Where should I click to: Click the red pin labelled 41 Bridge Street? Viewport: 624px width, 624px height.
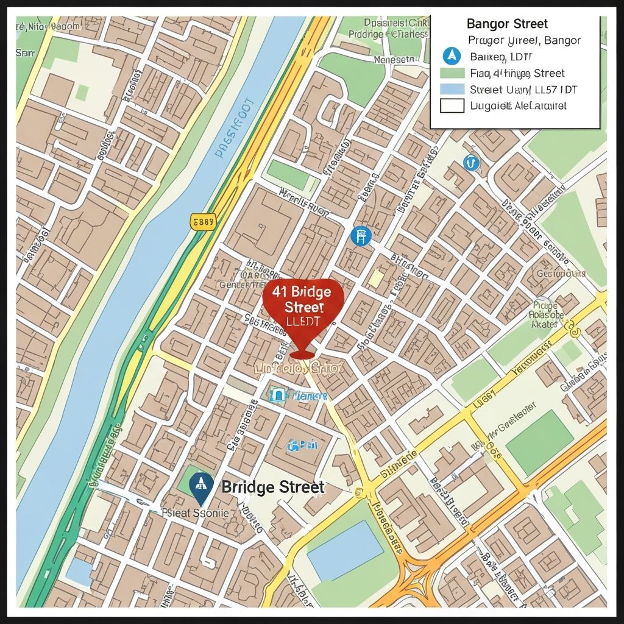click(303, 305)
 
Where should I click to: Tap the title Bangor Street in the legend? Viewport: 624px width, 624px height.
click(507, 24)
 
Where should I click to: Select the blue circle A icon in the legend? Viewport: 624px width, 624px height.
click(452, 57)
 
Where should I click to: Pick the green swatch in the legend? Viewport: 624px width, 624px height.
click(452, 73)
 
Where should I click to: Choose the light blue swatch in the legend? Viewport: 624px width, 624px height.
click(452, 89)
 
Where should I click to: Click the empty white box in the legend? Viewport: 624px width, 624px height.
click(452, 105)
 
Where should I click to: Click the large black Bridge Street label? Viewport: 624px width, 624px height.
click(273, 487)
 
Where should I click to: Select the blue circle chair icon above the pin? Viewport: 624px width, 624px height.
click(361, 236)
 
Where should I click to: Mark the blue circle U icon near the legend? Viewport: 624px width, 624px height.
click(470, 162)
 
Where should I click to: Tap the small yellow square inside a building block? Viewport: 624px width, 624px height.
click(376, 279)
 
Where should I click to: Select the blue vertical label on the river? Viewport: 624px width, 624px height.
click(233, 128)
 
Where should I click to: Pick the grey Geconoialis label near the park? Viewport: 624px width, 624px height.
click(561, 274)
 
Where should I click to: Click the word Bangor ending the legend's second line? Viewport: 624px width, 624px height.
click(562, 41)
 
